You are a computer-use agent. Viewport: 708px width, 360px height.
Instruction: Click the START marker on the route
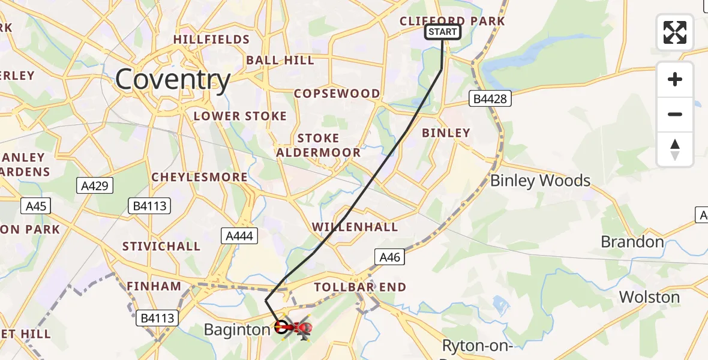pos(443,32)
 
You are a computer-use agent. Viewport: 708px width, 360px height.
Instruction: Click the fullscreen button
pos(675,32)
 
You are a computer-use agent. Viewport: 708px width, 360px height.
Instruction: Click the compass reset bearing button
pos(675,149)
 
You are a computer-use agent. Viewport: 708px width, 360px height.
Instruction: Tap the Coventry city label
pos(173,80)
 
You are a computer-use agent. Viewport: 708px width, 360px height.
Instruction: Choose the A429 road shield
pos(95,186)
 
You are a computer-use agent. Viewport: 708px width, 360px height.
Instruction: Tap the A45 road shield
pos(35,206)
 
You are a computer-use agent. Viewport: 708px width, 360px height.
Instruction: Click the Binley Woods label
pos(540,181)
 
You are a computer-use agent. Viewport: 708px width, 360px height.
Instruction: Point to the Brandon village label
pos(632,242)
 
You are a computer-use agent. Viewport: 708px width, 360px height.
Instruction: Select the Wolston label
pos(649,297)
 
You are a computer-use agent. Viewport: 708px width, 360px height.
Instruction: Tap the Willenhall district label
pos(355,227)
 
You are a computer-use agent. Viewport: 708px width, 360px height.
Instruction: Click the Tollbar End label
pos(360,287)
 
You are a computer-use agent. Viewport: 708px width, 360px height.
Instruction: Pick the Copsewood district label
pos(337,94)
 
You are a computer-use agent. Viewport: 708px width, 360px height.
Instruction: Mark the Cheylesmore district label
pos(199,177)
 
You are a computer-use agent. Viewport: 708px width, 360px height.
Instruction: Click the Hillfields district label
pos(211,40)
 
